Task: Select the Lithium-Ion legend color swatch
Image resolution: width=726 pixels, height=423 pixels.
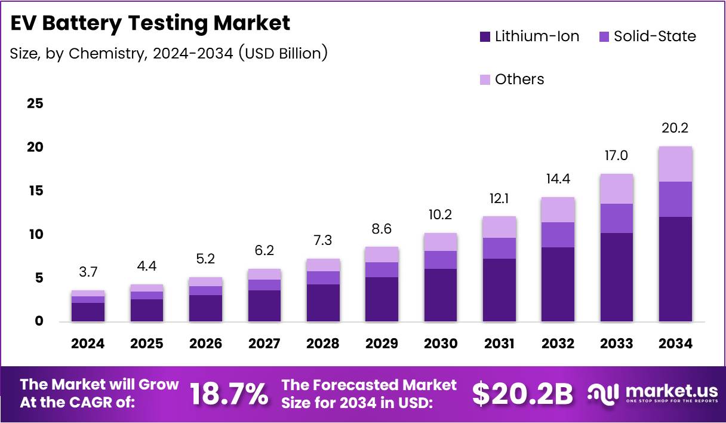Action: tap(485, 36)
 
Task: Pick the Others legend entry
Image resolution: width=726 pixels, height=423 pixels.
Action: tap(519, 79)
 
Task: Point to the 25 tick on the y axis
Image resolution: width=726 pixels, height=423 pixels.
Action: tap(35, 103)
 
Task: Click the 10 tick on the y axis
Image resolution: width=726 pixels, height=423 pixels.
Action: tap(35, 234)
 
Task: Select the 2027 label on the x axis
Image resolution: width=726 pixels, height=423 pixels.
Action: tap(264, 344)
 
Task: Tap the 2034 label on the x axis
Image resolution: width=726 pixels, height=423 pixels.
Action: tap(676, 344)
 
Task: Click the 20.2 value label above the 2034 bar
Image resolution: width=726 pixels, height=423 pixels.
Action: tap(676, 128)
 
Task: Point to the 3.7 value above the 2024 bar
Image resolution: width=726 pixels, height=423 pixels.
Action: tap(88, 272)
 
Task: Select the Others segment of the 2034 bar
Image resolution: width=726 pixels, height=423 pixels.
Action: tap(676, 164)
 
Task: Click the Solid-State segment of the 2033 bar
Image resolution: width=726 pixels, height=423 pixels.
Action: tap(617, 218)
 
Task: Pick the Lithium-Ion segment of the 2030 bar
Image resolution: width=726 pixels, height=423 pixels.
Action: tap(441, 295)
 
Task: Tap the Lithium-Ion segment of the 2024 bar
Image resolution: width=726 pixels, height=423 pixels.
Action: tap(88, 312)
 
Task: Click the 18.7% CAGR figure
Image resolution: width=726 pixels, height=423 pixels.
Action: tap(229, 394)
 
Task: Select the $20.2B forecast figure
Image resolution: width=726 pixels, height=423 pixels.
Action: tap(522, 394)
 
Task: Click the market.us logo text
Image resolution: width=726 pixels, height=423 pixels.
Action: tap(672, 391)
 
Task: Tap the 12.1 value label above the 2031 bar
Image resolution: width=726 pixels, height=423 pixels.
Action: tap(499, 198)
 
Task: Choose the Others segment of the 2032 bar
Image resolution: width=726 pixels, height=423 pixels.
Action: tap(558, 210)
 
